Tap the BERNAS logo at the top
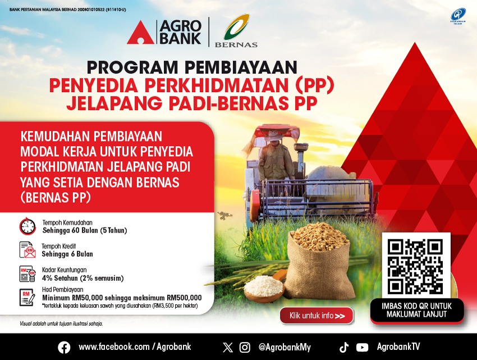pyautogui.click(x=236, y=31)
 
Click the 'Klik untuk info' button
pyautogui.click(x=317, y=316)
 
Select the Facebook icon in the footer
pyautogui.click(x=64, y=347)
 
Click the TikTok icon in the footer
pyautogui.click(x=344, y=347)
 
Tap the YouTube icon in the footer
pyautogui.click(x=362, y=348)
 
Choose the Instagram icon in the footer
pyautogui.click(x=245, y=348)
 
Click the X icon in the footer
pyautogui.click(x=227, y=348)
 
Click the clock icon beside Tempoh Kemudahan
pyautogui.click(x=27, y=226)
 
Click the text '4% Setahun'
pyautogui.click(x=60, y=278)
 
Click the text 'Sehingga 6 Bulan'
pyautogui.click(x=67, y=254)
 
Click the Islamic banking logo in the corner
pyautogui.click(x=458, y=16)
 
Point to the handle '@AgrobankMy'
pyautogui.click(x=285, y=347)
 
